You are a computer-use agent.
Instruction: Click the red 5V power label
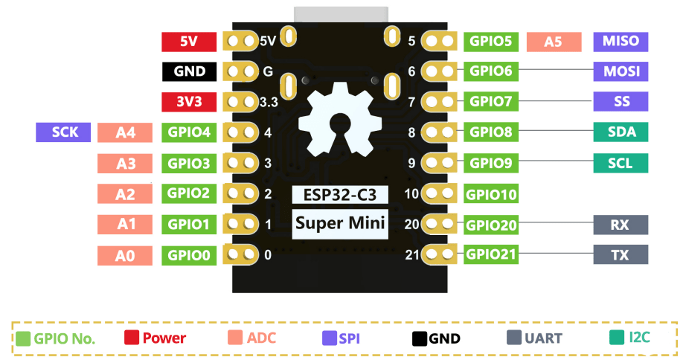(189, 42)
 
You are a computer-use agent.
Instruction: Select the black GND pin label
(189, 72)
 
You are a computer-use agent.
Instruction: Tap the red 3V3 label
(189, 102)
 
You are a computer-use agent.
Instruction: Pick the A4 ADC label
(125, 133)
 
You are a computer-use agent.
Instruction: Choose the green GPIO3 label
(189, 163)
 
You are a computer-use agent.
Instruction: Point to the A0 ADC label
(125, 256)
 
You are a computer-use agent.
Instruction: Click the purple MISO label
(621, 41)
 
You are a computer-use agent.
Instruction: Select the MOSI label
(621, 71)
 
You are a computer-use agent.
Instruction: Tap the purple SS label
(621, 101)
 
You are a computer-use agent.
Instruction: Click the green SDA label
(621, 132)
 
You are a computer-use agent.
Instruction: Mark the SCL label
(621, 163)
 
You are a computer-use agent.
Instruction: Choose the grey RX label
(621, 225)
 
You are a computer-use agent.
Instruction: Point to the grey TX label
(621, 255)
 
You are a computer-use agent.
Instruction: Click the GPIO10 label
(491, 195)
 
